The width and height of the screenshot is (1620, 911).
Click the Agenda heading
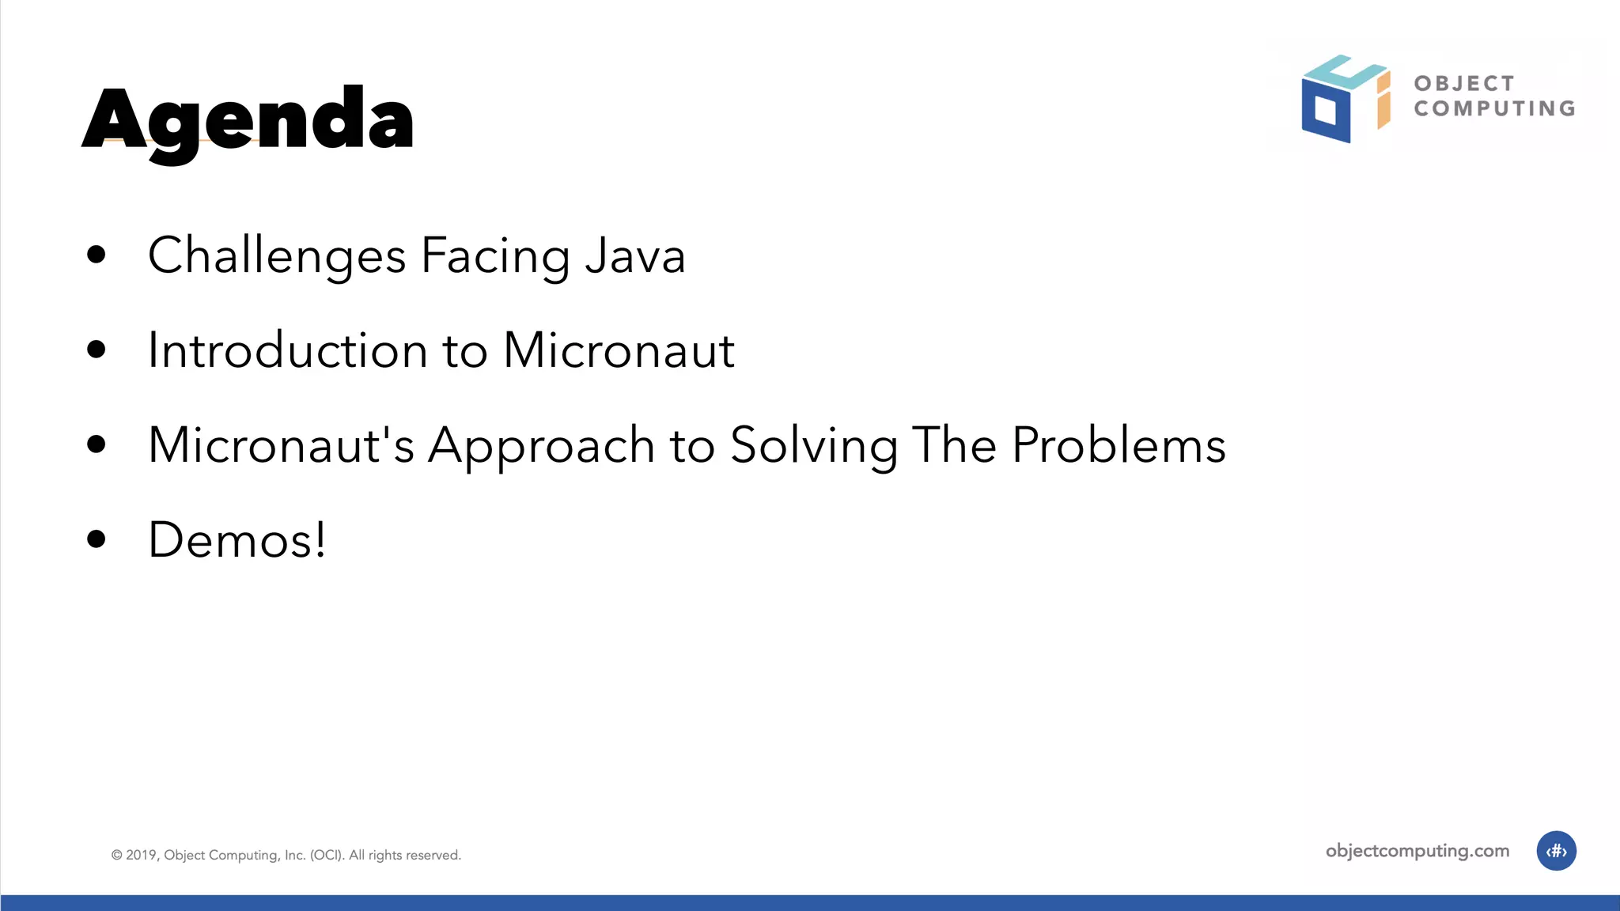tap(248, 120)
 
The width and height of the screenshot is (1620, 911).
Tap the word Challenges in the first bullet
tap(277, 256)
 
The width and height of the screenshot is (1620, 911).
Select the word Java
tap(634, 256)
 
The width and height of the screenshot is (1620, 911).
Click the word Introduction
tap(288, 350)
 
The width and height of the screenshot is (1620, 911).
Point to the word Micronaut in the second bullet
tap(619, 350)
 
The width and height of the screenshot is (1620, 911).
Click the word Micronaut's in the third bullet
tap(281, 444)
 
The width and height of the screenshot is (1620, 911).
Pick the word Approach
tap(541, 446)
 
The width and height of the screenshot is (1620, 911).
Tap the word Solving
tap(813, 446)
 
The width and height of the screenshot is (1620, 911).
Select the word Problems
tap(1118, 444)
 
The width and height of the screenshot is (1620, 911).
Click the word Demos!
tap(237, 540)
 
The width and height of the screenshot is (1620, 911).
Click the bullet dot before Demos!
tap(97, 539)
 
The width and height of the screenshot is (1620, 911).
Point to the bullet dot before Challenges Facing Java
tap(97, 255)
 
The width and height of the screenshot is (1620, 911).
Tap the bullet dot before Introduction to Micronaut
tap(97, 350)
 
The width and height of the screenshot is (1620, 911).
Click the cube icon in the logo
tap(1345, 99)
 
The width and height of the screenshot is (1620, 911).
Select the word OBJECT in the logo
tap(1464, 84)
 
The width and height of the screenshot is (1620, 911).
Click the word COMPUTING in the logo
tap(1494, 108)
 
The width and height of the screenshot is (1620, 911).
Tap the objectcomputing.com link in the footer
tap(1417, 851)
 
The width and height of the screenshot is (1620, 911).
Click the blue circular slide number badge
tap(1556, 851)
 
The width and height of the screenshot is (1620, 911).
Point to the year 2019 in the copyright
tap(142, 855)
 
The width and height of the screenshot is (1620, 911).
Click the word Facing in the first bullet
tap(495, 256)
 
